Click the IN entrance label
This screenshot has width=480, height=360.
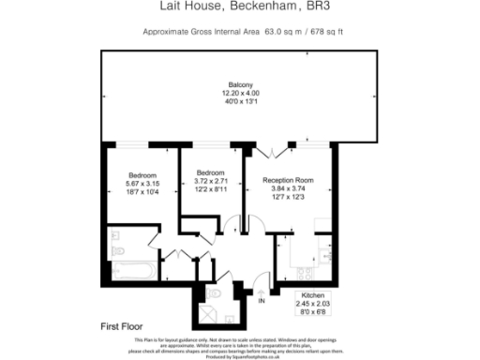262,300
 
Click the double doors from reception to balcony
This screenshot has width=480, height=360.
264,150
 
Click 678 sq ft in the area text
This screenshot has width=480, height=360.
322,32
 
